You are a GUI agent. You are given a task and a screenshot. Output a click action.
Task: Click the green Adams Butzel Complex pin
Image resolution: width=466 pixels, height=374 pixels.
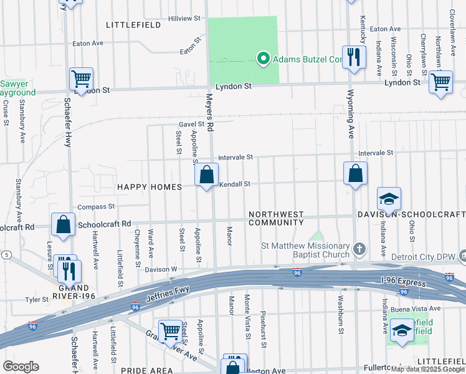point(263,59)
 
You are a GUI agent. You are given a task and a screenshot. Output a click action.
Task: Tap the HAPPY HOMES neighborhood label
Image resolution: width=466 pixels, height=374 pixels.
point(149,187)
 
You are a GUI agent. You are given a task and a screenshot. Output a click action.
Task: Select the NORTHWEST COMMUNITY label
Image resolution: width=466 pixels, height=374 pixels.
point(276,218)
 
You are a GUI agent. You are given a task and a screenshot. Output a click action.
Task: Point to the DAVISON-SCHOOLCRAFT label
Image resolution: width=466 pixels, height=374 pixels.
point(411,214)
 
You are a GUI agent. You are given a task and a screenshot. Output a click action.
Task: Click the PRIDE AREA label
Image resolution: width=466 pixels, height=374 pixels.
point(146,370)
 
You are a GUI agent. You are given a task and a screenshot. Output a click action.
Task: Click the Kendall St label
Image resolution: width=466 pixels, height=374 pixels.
point(234,184)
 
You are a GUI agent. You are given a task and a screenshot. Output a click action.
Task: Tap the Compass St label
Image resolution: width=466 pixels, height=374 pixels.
point(96,206)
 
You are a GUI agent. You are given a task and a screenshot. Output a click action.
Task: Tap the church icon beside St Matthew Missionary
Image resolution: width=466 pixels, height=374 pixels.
point(358,249)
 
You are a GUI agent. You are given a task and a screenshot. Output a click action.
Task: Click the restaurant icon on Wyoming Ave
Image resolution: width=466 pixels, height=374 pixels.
point(353,57)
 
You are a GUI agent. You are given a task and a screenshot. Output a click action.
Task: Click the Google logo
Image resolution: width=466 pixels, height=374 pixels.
point(21,367)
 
